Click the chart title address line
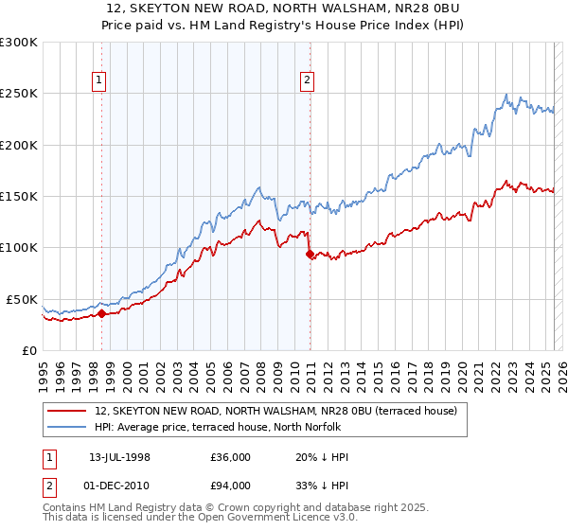(x=284, y=9)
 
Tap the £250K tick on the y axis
(x=20, y=94)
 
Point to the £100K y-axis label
(x=20, y=247)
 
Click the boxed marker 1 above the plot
(x=100, y=81)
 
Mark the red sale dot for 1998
(x=101, y=313)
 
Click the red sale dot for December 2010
(x=310, y=254)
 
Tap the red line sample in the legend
(x=67, y=411)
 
